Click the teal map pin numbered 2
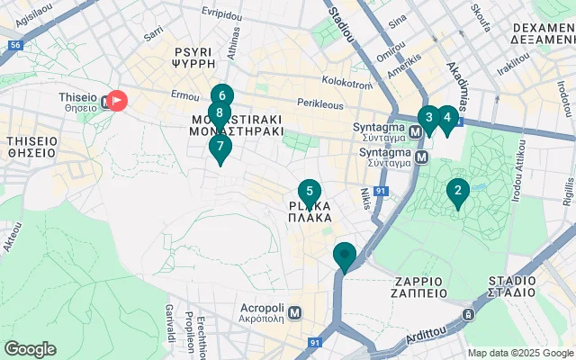(x=458, y=191)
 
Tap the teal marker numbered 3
(x=428, y=117)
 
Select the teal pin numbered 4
(x=446, y=117)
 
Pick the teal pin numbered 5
(x=309, y=192)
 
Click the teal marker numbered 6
(x=221, y=95)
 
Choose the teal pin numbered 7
(x=220, y=146)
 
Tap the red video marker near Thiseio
(x=118, y=101)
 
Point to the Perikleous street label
(x=319, y=104)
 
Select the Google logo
(x=30, y=348)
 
